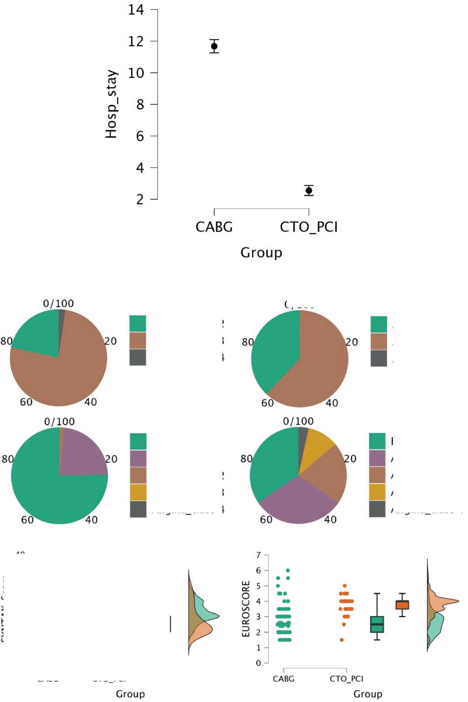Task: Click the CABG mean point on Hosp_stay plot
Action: click(x=214, y=46)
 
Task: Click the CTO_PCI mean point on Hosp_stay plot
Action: click(x=309, y=190)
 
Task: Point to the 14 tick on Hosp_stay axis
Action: click(x=136, y=10)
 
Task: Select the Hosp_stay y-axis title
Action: click(x=112, y=104)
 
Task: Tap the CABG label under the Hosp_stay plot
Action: click(x=214, y=227)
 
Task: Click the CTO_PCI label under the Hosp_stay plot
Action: click(x=309, y=227)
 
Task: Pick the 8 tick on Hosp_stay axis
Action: click(x=140, y=104)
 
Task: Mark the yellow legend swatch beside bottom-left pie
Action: click(x=138, y=492)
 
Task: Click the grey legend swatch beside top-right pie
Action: click(x=379, y=358)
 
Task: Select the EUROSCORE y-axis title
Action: click(x=246, y=609)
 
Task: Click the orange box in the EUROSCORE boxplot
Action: click(x=402, y=605)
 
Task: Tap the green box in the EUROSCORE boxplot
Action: click(x=377, y=624)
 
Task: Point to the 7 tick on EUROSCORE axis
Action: click(x=258, y=555)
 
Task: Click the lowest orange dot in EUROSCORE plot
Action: click(x=342, y=640)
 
